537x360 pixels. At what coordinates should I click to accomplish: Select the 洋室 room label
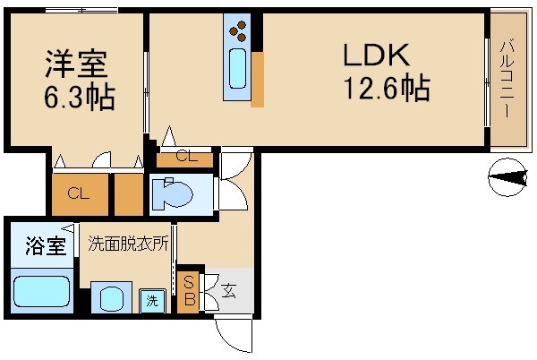pos(76,64)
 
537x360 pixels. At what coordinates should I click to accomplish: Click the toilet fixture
pos(175,193)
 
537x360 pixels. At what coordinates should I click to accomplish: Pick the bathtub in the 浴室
pos(41,292)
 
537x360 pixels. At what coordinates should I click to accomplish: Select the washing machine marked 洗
pos(152,300)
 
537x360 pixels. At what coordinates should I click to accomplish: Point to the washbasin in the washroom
pos(111,298)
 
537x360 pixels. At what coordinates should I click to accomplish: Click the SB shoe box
pos(189,291)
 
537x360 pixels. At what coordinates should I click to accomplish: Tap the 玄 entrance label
pos(227,290)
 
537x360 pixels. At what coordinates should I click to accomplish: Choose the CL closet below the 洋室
pos(79,193)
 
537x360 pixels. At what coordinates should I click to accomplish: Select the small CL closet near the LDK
pos(185,158)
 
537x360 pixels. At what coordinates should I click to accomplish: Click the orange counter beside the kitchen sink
pos(258,79)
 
